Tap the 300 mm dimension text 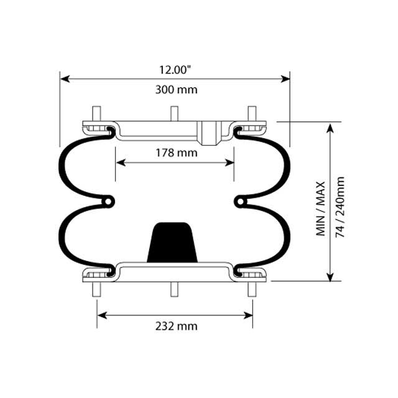click(x=175, y=90)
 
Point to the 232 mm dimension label click(x=176, y=326)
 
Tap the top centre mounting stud click(x=175, y=114)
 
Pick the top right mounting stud click(x=252, y=114)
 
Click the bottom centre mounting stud click(x=175, y=290)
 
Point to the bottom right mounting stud click(x=252, y=290)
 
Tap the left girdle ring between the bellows click(x=109, y=201)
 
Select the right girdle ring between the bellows click(x=241, y=201)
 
